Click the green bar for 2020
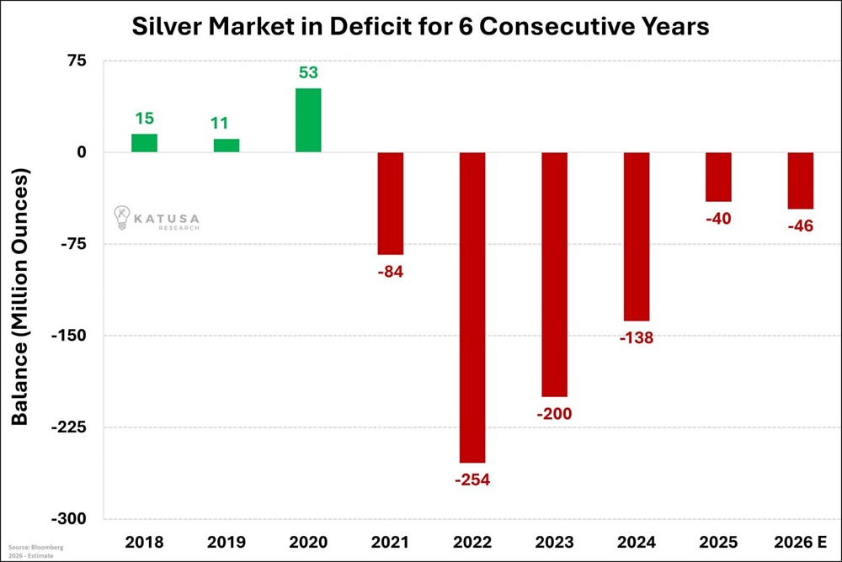[x=308, y=120]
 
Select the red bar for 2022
[x=472, y=307]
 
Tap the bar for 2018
[x=144, y=143]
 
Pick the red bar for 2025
[x=718, y=177]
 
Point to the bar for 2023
[x=554, y=274]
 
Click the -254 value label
[x=472, y=480]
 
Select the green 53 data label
[x=308, y=72]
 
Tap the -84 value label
[x=390, y=272]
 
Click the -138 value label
[x=636, y=338]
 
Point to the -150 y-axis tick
[x=76, y=336]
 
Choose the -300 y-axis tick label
[x=76, y=519]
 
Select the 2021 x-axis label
[x=390, y=541]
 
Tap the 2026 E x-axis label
[x=800, y=541]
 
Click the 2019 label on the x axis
[x=226, y=541]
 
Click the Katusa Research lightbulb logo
[x=122, y=217]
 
